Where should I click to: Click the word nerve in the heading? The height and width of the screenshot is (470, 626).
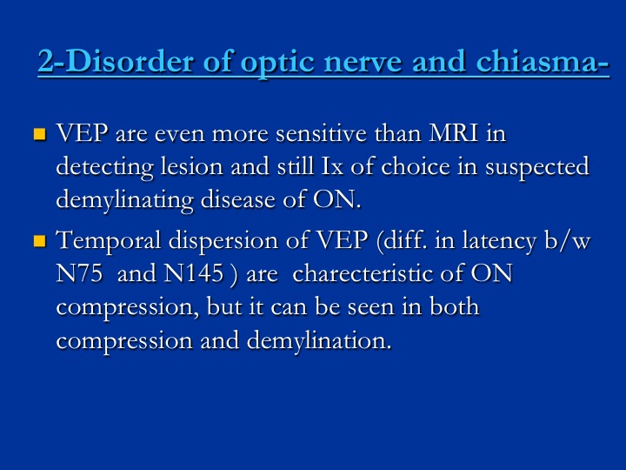[x=363, y=64]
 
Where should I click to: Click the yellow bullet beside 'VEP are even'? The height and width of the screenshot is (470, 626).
[x=40, y=134]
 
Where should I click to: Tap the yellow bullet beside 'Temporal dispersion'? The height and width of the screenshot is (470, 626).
[x=40, y=241]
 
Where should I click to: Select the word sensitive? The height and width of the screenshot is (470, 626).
[x=322, y=133]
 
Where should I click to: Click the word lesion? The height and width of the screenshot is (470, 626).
[x=191, y=166]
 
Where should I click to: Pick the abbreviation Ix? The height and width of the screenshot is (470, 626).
[x=332, y=166]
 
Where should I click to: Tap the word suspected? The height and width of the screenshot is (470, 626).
[x=537, y=167]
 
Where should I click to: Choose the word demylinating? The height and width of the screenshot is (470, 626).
[x=124, y=201]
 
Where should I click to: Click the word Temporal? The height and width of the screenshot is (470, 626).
[x=109, y=241]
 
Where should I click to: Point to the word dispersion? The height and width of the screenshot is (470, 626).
[x=223, y=241]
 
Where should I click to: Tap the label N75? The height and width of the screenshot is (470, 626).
[x=79, y=274]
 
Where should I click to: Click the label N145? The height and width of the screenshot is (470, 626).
[x=194, y=274]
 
